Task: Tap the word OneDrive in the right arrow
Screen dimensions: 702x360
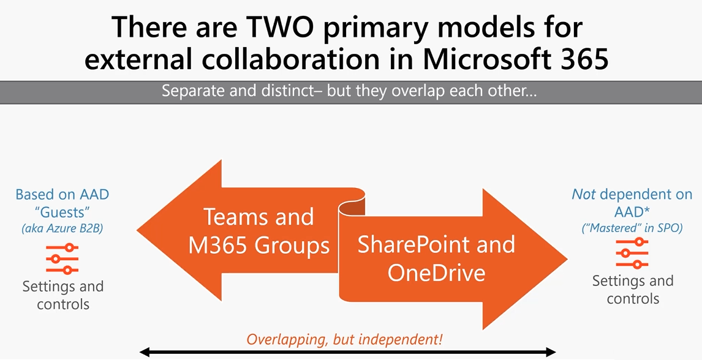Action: (x=437, y=272)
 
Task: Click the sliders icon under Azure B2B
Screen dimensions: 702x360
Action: (x=62, y=258)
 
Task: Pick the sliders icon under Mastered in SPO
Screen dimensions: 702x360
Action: (x=633, y=253)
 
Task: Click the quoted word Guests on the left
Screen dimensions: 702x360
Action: (x=62, y=211)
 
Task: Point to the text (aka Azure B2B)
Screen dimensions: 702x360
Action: (x=62, y=228)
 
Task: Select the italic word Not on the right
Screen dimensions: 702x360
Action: (x=583, y=194)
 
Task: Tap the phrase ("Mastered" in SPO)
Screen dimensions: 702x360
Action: (x=632, y=228)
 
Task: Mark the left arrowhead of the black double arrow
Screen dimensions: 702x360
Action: (x=143, y=353)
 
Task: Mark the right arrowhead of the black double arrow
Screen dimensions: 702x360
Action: (x=552, y=353)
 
